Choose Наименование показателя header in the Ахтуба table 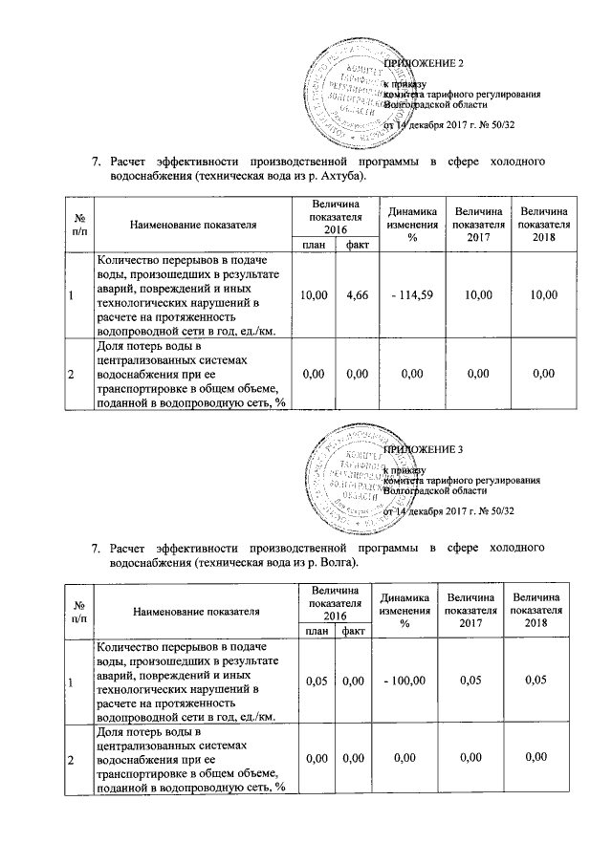(x=191, y=225)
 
